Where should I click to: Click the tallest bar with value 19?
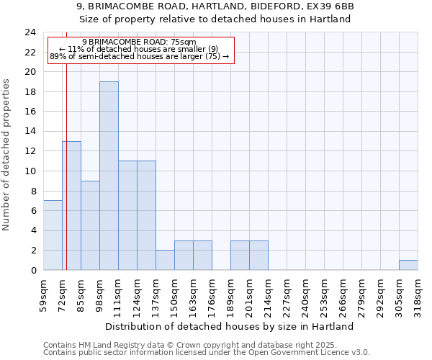[x=109, y=176]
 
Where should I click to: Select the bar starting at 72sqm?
[x=71, y=205]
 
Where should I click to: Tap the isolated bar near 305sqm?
[x=408, y=265]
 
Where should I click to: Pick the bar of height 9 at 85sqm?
[x=90, y=225]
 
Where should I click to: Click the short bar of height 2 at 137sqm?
[x=165, y=260]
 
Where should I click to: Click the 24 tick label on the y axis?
[x=30, y=32]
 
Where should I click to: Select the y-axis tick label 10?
[x=30, y=171]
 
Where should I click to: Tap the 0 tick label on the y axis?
[x=33, y=271]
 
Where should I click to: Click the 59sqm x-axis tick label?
[x=44, y=293]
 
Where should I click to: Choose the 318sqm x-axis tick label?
[x=418, y=293]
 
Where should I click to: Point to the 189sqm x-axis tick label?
[x=231, y=293]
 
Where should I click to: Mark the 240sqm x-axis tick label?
[x=306, y=293]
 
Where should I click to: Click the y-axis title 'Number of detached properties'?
[x=7, y=155]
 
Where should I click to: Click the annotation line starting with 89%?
[x=140, y=56]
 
